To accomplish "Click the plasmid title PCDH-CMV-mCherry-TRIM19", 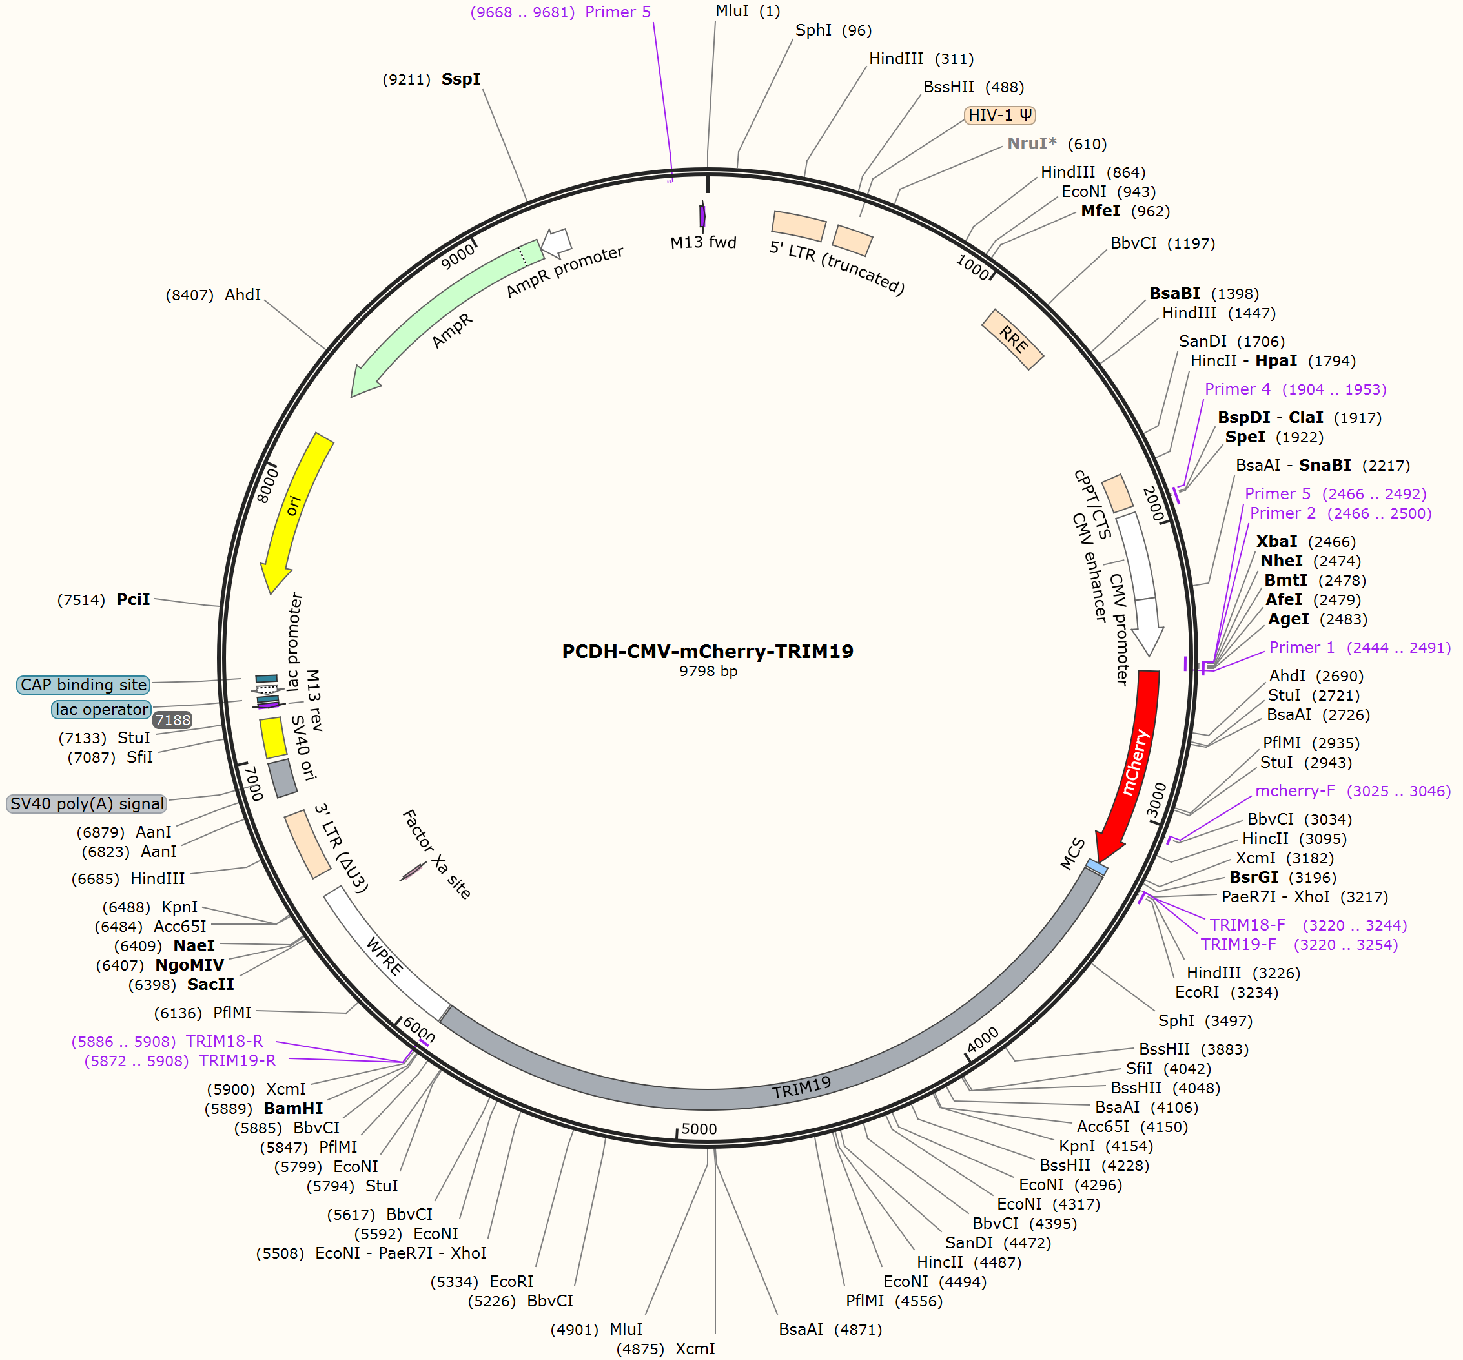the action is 707,652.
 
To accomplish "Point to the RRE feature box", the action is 1012,339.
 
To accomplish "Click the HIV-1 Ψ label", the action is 1000,115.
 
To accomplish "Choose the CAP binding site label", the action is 83,685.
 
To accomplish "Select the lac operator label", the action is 101,710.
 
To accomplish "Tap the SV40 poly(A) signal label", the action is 86,803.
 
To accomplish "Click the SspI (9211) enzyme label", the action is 432,79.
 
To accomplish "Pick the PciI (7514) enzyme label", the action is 104,600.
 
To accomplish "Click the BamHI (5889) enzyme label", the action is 263,1108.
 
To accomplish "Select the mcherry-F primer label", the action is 1353,791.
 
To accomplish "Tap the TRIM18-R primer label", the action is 167,1042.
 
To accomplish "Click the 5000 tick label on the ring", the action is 699,1129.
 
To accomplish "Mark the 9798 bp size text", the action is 708,671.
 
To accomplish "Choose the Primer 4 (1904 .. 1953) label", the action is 1295,389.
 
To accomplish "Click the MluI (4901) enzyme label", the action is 597,1329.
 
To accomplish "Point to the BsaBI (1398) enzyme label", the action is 1204,294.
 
